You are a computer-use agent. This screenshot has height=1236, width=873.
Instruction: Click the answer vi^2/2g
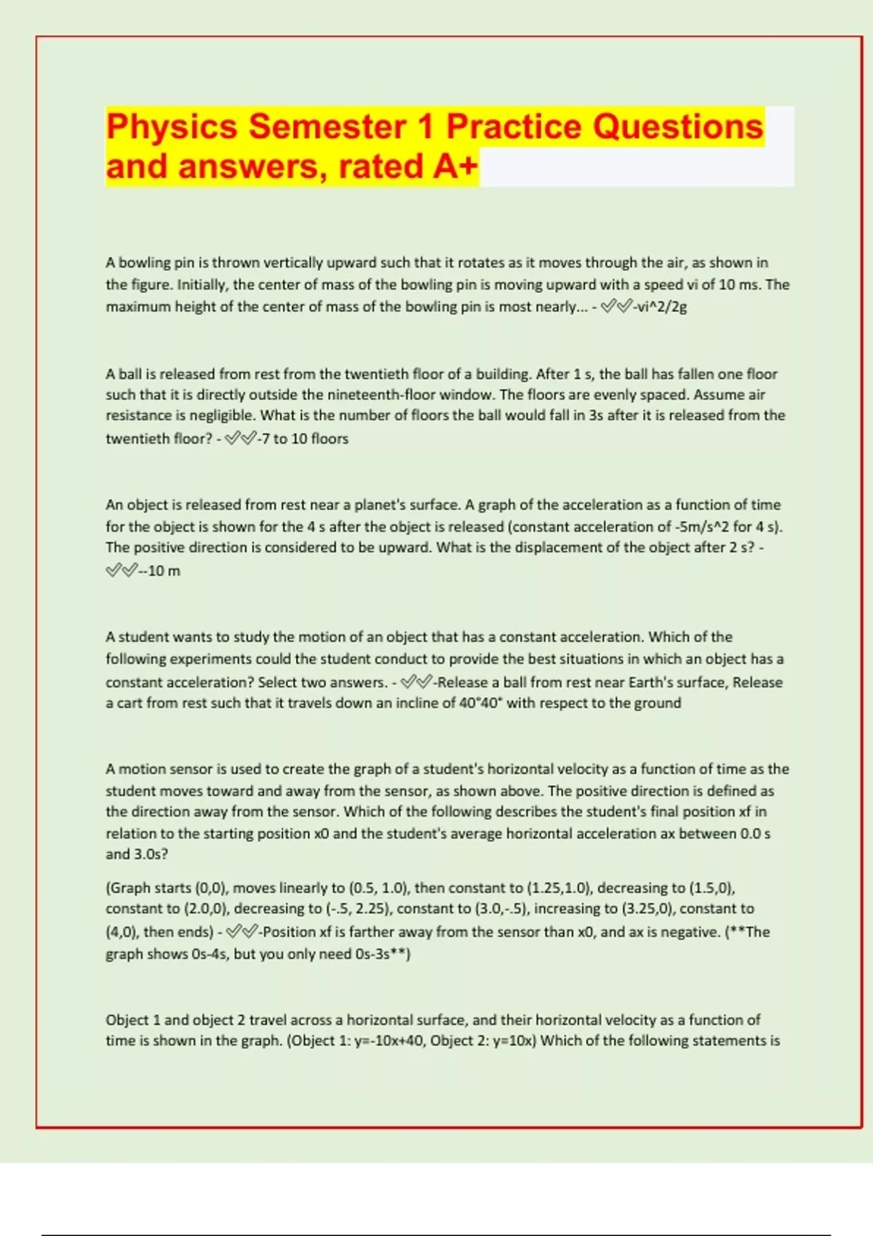(x=660, y=307)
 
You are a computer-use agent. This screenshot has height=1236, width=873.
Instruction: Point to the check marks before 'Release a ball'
(x=416, y=682)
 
